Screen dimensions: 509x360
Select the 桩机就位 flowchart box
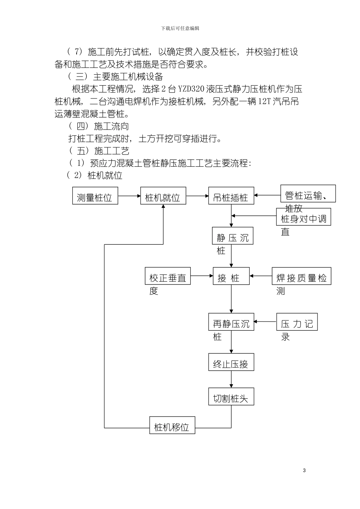(163, 196)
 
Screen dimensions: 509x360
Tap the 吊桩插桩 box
(231, 196)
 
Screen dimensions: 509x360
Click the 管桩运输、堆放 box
(308, 194)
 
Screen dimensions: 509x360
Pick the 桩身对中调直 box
(303, 217)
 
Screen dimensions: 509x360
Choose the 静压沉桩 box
(232, 236)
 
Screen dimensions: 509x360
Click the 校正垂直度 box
(167, 276)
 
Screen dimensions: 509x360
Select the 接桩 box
(231, 276)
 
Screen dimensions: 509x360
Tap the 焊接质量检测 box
(301, 276)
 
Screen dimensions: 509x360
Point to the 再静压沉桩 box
(231, 322)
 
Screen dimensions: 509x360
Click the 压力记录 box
(297, 322)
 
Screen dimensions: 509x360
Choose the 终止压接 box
(231, 362)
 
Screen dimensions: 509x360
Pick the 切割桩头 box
(231, 397)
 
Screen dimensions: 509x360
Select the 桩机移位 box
(172, 425)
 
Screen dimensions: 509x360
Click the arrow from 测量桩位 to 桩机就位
(129, 196)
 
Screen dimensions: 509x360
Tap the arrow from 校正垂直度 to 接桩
(201, 276)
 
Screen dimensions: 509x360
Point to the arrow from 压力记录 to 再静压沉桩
(265, 322)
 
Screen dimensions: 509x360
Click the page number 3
(304, 470)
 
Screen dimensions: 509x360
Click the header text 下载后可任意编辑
(180, 28)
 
